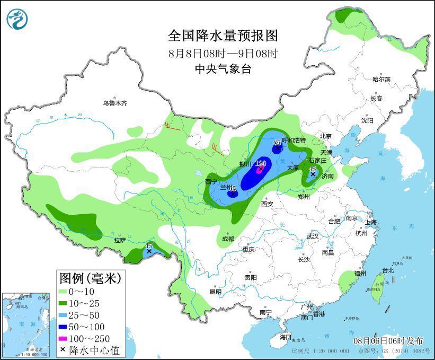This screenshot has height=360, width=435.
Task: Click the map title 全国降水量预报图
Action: (223, 36)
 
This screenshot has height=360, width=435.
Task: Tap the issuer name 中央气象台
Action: (223, 69)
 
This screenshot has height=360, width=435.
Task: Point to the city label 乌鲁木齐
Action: (115, 103)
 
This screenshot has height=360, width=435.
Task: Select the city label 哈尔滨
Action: (381, 79)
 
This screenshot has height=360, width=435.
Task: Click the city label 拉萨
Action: (120, 240)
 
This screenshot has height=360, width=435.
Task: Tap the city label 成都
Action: (227, 239)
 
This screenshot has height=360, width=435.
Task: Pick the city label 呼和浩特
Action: (294, 140)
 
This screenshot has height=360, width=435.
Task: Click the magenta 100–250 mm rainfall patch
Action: (260, 170)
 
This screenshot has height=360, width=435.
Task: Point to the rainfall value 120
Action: (260, 163)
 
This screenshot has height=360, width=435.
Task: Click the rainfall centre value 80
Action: (277, 143)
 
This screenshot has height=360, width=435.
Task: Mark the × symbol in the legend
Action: (64, 350)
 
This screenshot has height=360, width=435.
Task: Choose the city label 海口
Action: (286, 337)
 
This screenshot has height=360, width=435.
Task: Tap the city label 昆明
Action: (215, 292)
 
